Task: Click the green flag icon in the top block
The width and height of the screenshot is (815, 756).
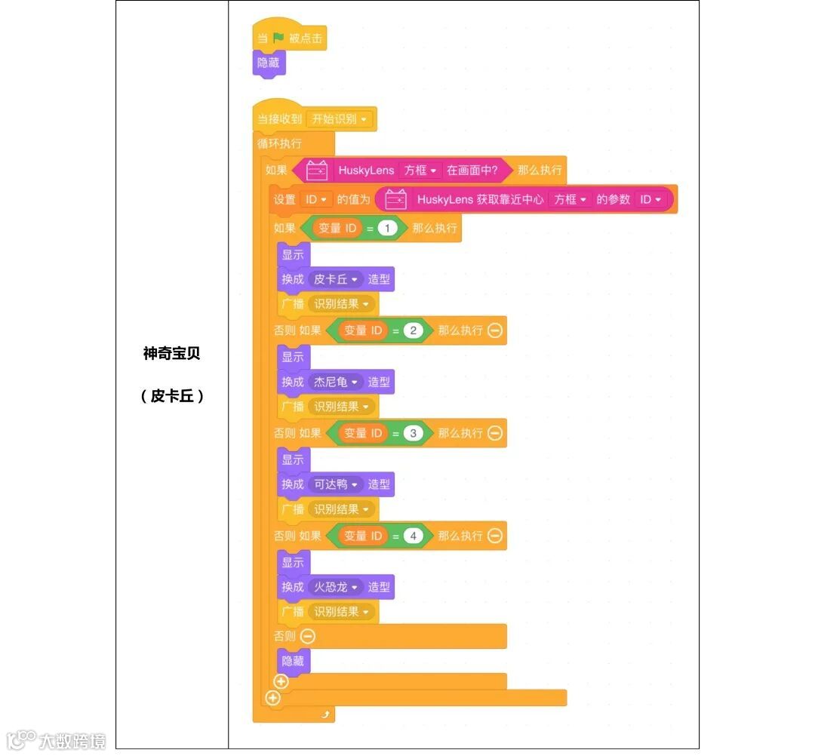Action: pos(278,38)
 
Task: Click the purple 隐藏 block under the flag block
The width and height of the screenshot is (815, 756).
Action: pos(269,63)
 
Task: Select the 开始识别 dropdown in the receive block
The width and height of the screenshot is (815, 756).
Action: pos(340,119)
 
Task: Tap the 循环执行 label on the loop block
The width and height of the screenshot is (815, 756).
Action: pos(279,143)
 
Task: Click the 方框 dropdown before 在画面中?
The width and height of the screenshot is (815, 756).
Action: pos(420,171)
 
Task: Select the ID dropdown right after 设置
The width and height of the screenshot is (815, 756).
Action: pos(316,200)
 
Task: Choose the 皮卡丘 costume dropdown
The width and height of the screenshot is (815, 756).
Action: pos(335,279)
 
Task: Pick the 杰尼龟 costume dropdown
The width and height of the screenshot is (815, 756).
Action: pos(335,382)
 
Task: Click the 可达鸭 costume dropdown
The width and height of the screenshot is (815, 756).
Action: pos(335,484)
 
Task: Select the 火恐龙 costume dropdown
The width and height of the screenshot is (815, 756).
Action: pos(335,587)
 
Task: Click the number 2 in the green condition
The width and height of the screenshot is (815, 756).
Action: pos(414,330)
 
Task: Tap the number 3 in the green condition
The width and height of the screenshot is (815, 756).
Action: pos(414,433)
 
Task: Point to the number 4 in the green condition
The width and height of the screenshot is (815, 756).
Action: pos(414,536)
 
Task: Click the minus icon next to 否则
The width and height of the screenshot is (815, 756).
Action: pos(308,637)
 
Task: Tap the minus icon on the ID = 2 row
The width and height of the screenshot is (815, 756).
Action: pos(495,330)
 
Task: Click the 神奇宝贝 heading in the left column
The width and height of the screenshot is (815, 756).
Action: pos(172,354)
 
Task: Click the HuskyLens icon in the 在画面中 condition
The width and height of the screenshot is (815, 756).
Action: pos(317,171)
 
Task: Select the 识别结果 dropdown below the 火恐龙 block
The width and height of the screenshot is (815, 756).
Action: pos(343,612)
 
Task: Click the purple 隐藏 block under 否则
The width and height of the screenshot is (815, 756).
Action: pos(293,661)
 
